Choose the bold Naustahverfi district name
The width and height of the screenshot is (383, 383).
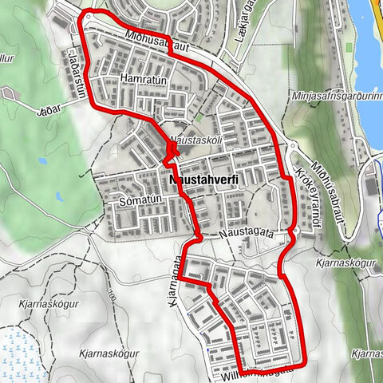tap(204, 181)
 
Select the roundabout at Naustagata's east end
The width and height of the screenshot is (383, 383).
tap(294, 234)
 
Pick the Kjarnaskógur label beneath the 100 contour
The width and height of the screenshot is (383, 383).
tap(110, 353)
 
